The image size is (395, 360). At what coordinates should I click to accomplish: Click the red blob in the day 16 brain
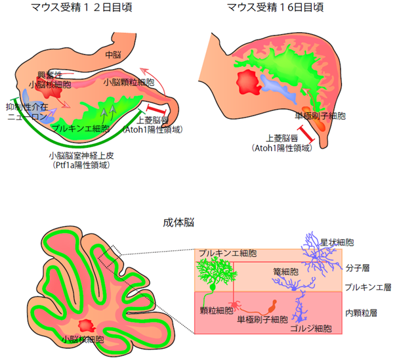pos(247,83)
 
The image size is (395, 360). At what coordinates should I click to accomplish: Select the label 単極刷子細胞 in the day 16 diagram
pos(321,116)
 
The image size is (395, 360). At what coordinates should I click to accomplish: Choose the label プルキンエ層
pos(367,287)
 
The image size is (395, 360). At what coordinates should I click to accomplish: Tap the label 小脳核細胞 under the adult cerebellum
pos(82,340)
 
